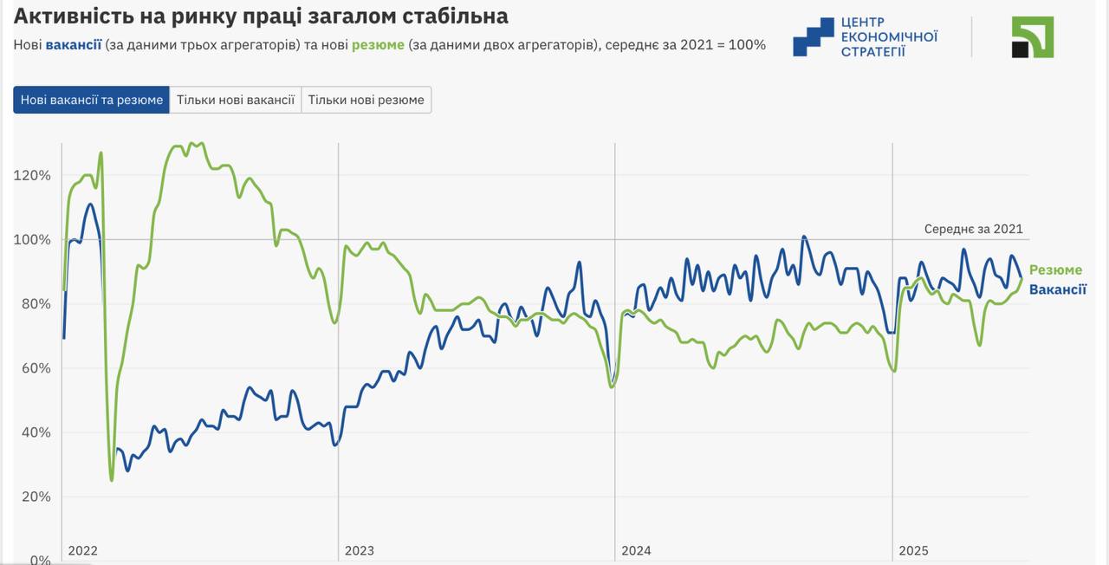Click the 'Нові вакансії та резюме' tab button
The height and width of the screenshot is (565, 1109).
92,100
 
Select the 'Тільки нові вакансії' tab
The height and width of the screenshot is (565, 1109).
236,100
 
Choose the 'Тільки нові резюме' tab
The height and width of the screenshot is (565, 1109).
366,100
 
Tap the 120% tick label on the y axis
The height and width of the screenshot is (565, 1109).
33,175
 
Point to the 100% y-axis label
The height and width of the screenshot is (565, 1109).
33,239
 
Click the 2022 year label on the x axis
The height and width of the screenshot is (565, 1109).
82,550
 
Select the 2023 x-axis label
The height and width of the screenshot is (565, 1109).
360,550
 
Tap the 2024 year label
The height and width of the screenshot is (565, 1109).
636,550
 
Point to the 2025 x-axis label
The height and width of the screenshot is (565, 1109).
913,550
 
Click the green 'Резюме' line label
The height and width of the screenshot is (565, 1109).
1055,270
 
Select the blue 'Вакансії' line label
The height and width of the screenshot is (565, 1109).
1057,289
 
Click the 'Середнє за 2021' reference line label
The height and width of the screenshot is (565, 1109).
973,230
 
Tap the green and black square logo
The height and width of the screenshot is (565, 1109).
1033,37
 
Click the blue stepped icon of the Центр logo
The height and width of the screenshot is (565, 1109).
813,37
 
